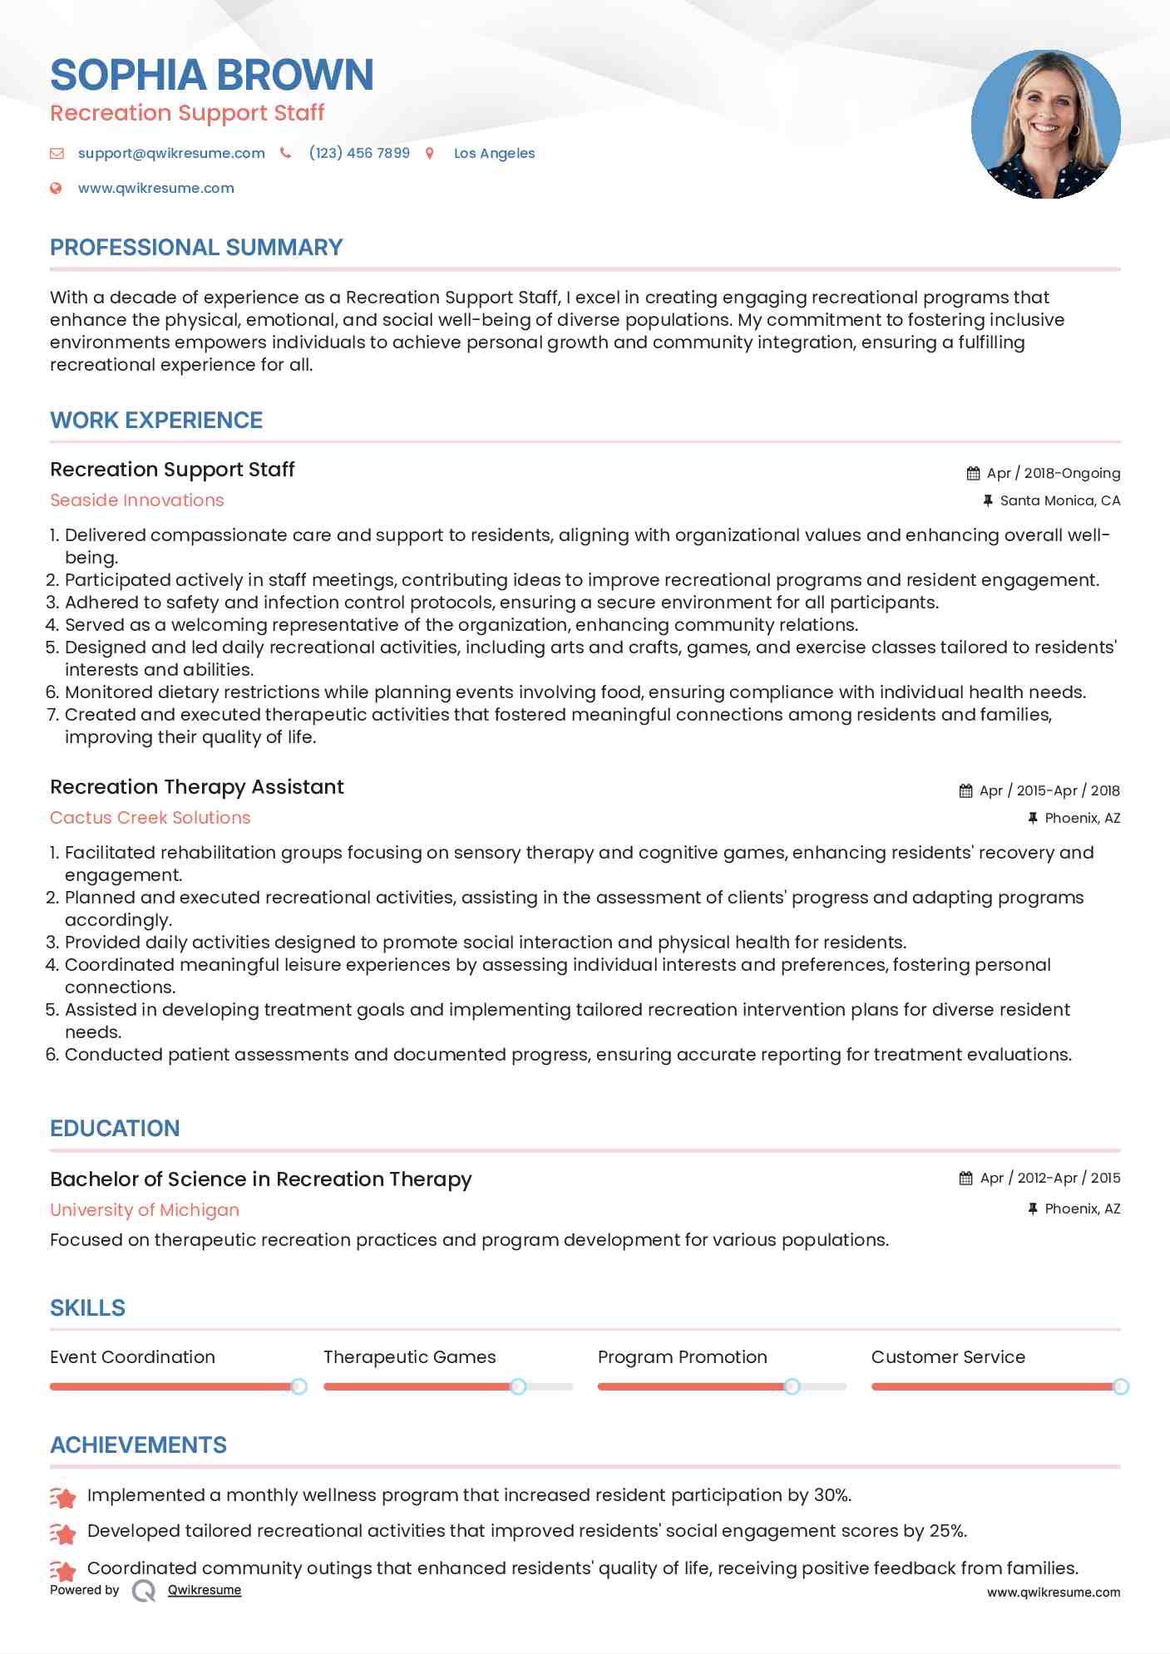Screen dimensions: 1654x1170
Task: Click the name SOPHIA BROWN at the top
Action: click(x=211, y=75)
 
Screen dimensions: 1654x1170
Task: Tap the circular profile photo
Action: click(x=1045, y=125)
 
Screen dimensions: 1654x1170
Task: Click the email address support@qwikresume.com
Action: click(x=171, y=154)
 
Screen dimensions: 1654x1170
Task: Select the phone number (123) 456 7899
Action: click(x=359, y=154)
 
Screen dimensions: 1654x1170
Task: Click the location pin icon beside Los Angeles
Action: click(x=430, y=154)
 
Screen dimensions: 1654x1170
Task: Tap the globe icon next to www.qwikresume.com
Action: click(x=56, y=189)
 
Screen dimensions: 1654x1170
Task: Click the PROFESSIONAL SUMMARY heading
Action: click(x=196, y=248)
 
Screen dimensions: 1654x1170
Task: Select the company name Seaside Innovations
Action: click(x=137, y=500)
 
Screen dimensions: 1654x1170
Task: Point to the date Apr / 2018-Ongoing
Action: click(x=1053, y=474)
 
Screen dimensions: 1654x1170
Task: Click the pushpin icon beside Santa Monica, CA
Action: click(x=988, y=501)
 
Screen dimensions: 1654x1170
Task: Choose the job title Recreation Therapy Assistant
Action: click(x=197, y=787)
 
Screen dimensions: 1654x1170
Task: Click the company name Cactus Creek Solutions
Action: click(x=151, y=818)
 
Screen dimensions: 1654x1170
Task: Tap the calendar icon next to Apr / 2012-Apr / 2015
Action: click(x=965, y=1179)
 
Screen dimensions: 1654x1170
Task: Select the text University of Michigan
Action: click(x=145, y=1210)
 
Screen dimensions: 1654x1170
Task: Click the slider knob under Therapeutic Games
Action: click(x=518, y=1386)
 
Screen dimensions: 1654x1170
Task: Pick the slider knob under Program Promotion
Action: click(x=792, y=1386)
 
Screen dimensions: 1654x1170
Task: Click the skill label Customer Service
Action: click(x=948, y=1357)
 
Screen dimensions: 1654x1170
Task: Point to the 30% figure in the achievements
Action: click(x=832, y=1495)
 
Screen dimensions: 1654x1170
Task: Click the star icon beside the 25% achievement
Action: click(x=63, y=1533)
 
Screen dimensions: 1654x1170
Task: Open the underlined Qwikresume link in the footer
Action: click(x=205, y=1590)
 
